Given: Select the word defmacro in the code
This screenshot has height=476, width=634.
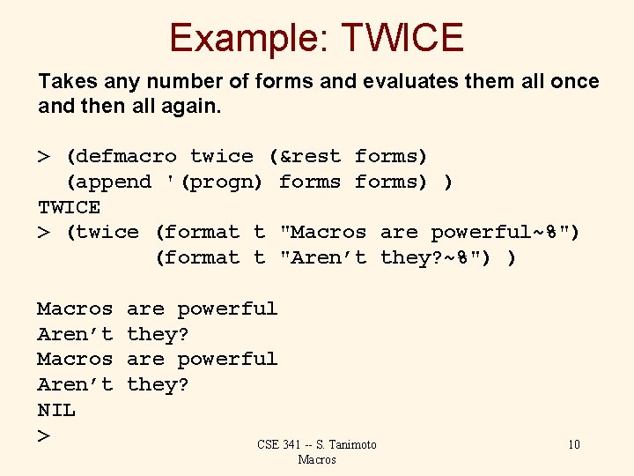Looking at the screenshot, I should pos(127,156).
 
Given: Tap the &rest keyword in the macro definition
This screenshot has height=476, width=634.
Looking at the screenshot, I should pos(304,156).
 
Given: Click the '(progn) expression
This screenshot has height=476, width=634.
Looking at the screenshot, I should pos(215,182).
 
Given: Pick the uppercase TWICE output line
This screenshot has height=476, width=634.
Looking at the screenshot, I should pos(69,207).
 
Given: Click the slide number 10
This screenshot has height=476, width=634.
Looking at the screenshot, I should pos(574,444).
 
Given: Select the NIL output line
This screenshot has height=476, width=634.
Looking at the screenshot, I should pos(56,410).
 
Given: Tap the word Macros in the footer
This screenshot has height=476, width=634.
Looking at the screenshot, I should pos(317,459).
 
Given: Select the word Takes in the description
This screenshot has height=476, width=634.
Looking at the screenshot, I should pos(66,82).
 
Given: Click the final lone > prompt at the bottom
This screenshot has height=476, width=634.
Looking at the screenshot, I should pos(43,435).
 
